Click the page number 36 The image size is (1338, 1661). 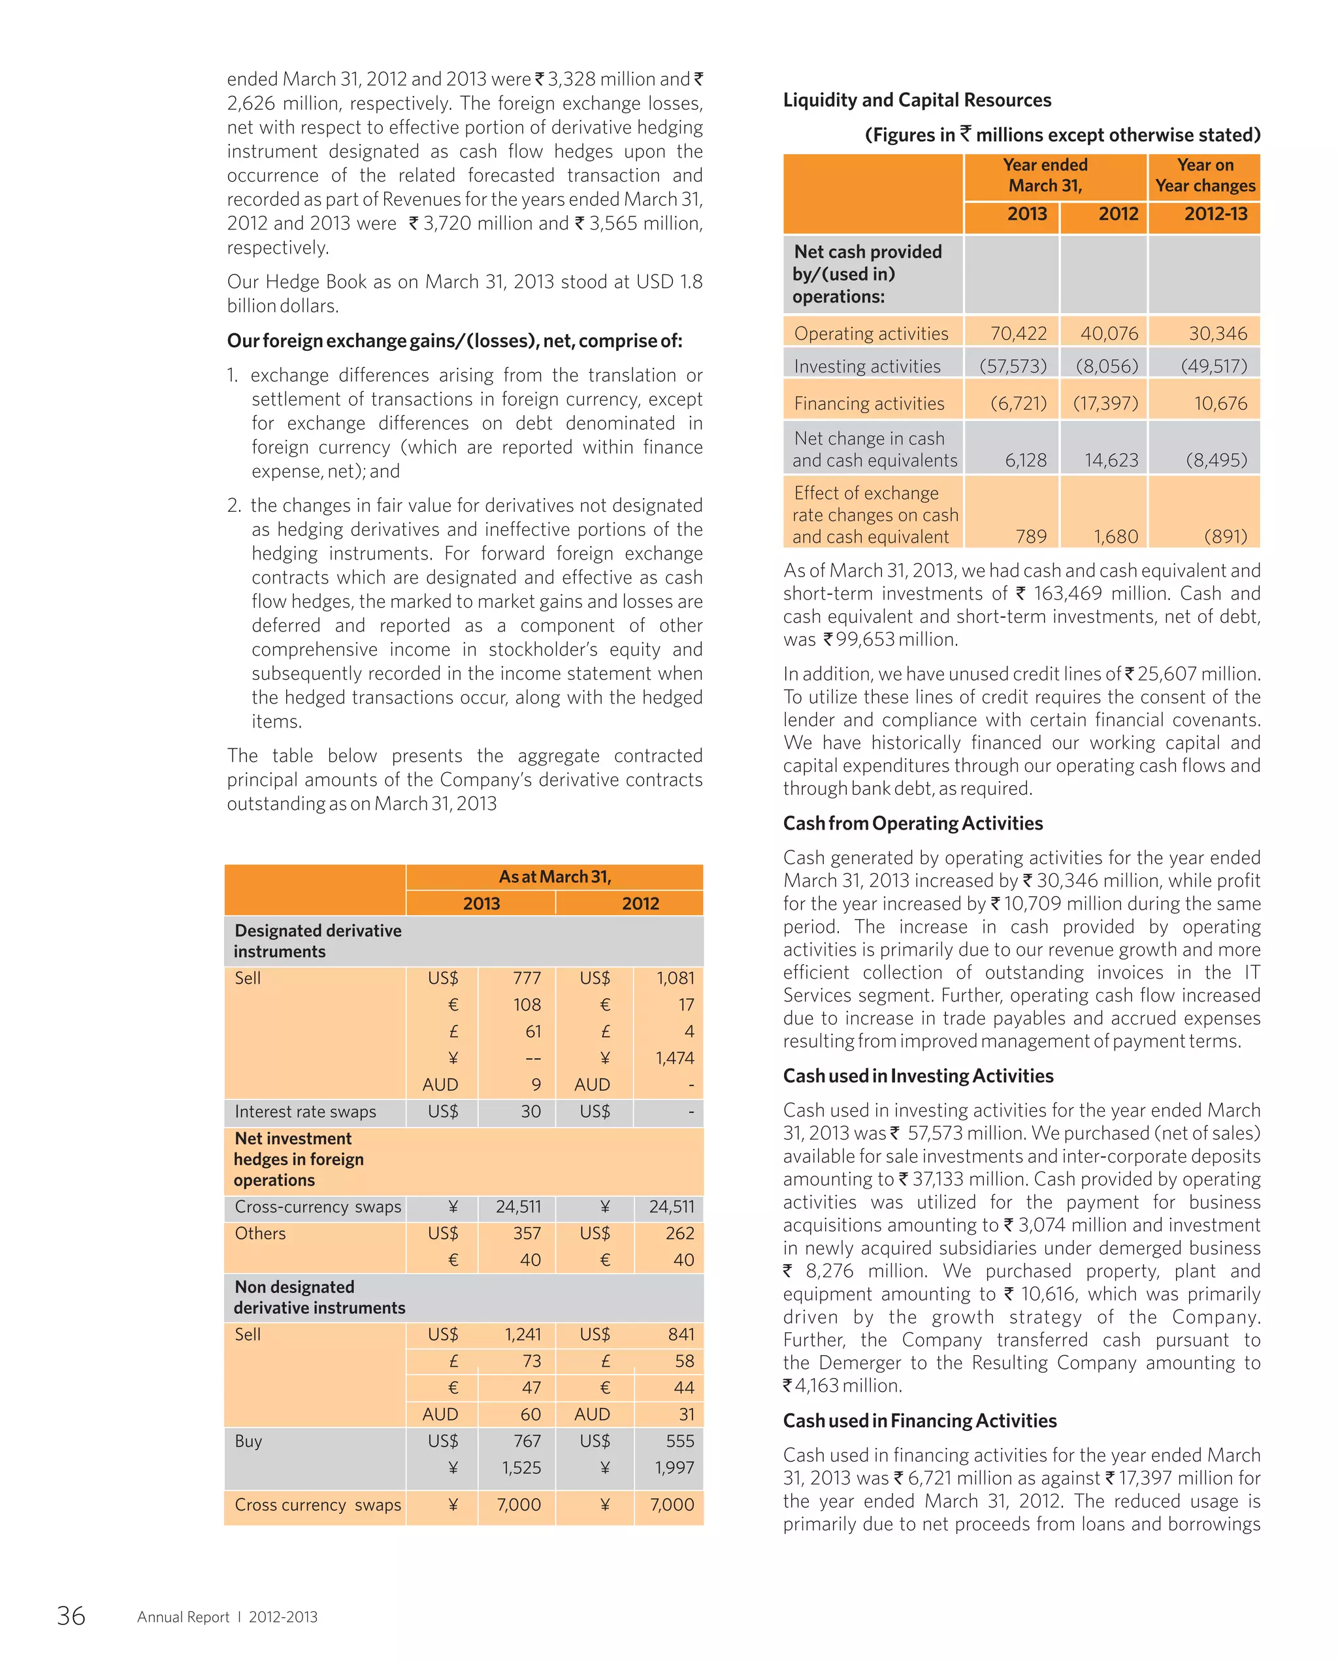[x=71, y=1615]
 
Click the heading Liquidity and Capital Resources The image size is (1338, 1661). [x=917, y=100]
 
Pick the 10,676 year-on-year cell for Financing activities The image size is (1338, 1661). [x=1220, y=403]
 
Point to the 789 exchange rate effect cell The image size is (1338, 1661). [x=1030, y=536]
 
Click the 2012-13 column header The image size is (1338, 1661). [x=1215, y=214]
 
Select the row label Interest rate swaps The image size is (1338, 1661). [x=305, y=1111]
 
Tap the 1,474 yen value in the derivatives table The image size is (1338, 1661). [x=674, y=1058]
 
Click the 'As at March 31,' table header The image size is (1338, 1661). [x=554, y=877]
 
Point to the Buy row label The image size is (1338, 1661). [x=248, y=1441]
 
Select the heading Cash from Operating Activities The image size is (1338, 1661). [x=913, y=823]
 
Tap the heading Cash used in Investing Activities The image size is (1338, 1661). [x=918, y=1076]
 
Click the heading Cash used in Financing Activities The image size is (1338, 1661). [x=919, y=1420]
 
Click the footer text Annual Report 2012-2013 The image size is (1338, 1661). [x=227, y=1617]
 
